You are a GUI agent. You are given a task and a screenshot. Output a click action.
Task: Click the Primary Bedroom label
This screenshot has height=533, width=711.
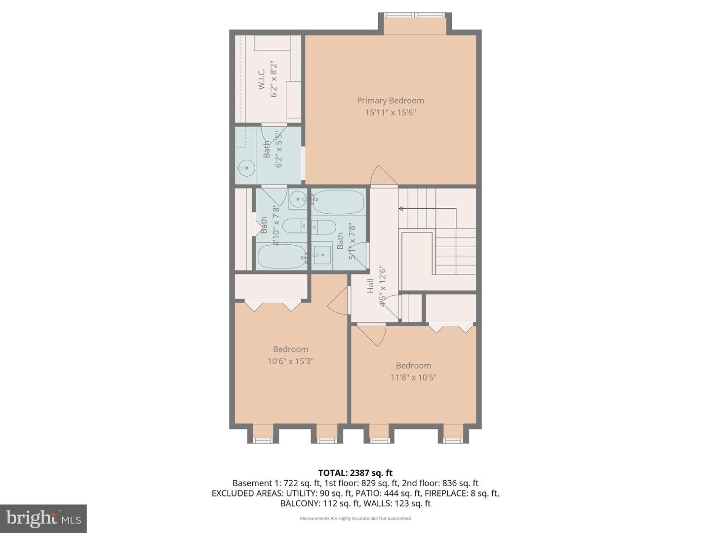[x=390, y=100]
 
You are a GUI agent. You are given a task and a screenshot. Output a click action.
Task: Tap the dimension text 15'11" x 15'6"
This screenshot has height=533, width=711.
[x=390, y=113]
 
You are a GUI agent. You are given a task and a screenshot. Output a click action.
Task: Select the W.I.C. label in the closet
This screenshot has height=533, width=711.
[x=262, y=79]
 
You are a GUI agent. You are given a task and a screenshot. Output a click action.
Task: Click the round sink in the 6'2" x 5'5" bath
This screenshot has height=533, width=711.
[x=246, y=168]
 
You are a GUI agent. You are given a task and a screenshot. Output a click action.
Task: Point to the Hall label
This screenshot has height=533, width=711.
[x=370, y=286]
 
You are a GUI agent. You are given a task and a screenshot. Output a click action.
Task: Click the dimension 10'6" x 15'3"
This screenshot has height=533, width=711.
[x=290, y=361]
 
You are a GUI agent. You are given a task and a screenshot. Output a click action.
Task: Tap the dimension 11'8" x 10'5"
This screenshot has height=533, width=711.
[x=413, y=378]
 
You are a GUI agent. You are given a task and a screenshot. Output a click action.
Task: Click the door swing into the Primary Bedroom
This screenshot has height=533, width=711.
[x=383, y=177]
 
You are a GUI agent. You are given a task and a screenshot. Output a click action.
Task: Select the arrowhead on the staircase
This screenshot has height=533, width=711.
[x=401, y=209]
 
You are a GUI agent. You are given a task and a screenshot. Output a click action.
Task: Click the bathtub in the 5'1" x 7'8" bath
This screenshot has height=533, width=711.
[x=338, y=202]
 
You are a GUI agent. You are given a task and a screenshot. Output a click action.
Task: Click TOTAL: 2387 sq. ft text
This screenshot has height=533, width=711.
[x=355, y=473]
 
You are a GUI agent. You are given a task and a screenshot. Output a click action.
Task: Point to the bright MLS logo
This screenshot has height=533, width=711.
[x=43, y=518]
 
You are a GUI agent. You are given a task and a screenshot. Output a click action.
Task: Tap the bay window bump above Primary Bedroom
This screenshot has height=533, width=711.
[x=415, y=25]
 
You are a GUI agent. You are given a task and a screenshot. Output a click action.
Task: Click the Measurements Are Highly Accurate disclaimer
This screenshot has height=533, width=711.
[x=355, y=518]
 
